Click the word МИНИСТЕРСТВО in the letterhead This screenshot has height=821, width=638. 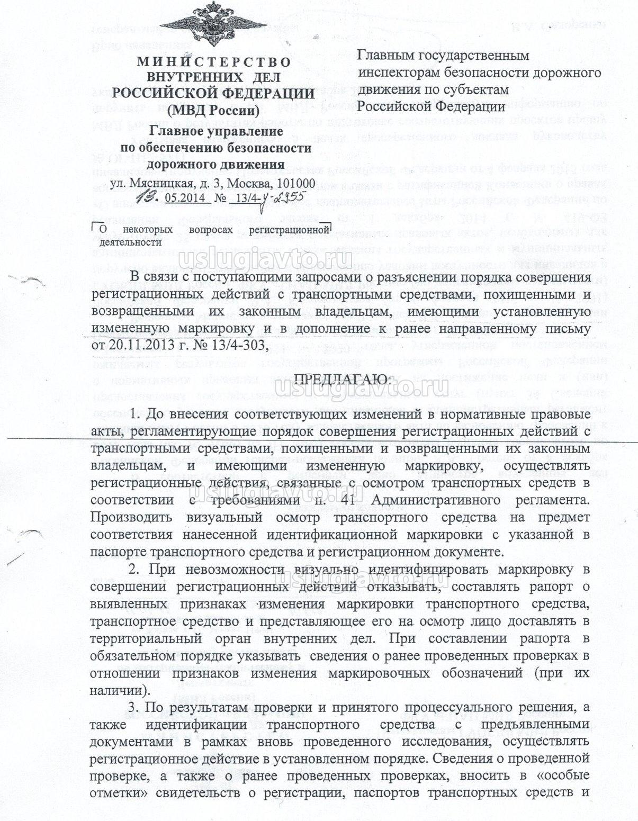click(x=214, y=61)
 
